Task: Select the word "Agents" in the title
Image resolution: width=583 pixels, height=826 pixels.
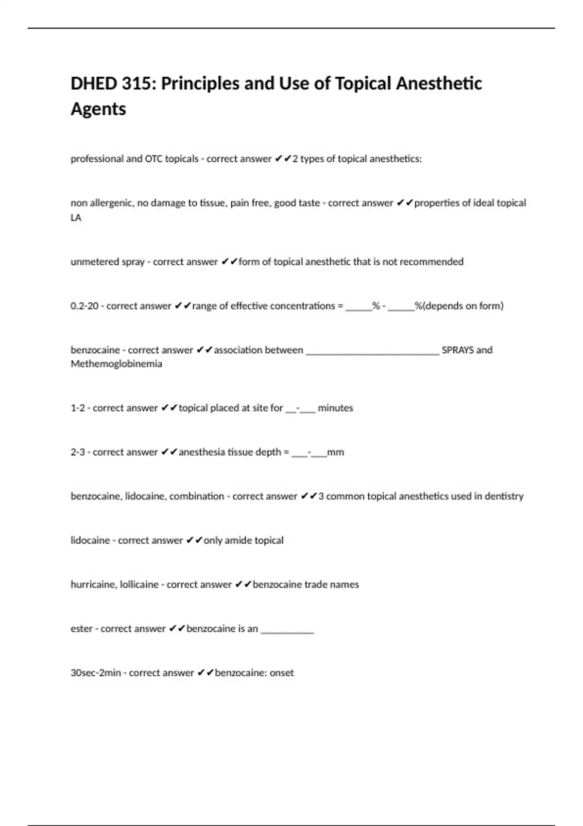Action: click(98, 109)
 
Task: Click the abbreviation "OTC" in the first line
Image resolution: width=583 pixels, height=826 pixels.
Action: click(154, 159)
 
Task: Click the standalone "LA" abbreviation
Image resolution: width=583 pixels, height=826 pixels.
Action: click(76, 218)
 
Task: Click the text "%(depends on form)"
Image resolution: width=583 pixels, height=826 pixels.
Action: click(459, 306)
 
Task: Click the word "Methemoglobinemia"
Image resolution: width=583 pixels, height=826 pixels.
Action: click(116, 364)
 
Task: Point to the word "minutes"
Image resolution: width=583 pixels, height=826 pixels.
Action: click(335, 408)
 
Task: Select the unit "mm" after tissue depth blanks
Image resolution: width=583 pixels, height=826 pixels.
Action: click(336, 452)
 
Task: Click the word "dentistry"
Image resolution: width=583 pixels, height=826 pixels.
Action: click(504, 497)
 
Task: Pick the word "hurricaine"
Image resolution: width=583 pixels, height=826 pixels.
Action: click(93, 585)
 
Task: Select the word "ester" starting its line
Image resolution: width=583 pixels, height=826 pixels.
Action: click(82, 629)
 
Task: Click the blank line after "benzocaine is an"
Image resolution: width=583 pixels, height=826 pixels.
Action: click(287, 631)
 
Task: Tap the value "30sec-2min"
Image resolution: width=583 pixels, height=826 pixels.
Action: click(96, 673)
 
